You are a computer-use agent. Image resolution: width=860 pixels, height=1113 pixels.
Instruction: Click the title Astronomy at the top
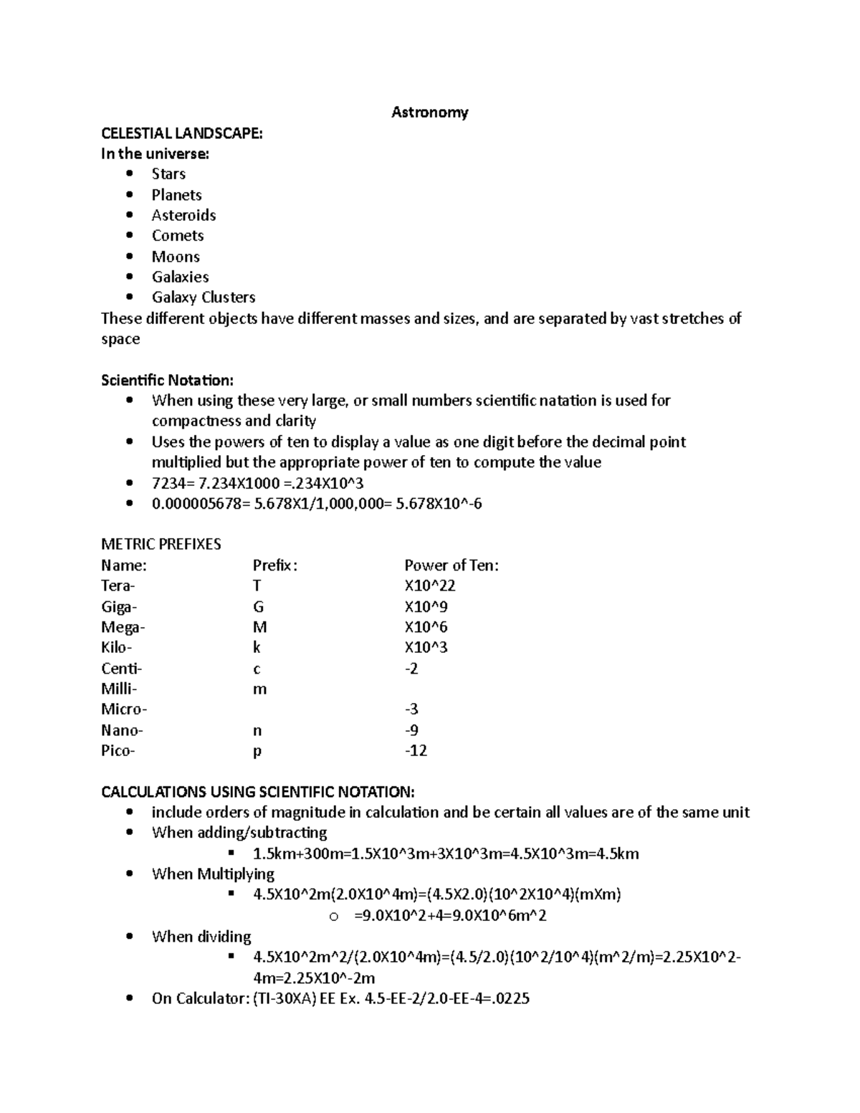coord(429,112)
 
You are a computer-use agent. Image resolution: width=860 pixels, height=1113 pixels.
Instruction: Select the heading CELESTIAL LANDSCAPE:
coord(182,133)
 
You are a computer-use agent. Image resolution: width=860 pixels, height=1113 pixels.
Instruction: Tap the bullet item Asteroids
coord(183,215)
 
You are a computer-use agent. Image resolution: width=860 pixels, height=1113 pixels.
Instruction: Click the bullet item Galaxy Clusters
coord(204,297)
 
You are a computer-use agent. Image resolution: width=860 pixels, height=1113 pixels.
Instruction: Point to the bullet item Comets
coord(178,236)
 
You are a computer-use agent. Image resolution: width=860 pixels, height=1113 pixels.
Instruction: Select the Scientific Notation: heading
coord(167,380)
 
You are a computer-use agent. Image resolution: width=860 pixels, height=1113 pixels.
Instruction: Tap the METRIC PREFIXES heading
coord(161,545)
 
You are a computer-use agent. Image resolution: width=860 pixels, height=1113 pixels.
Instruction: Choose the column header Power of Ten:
coord(451,565)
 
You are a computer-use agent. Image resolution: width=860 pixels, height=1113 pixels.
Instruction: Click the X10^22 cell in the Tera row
coord(430,586)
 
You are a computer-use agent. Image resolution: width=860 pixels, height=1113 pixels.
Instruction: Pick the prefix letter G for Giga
coord(259,607)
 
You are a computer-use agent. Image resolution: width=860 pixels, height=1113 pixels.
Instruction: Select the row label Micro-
coord(124,710)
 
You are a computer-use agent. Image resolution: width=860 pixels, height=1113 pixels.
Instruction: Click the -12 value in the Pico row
coord(416,750)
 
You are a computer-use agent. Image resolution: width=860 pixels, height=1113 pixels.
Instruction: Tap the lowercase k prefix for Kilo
coord(257,648)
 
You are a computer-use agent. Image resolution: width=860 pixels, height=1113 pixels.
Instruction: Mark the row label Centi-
coord(122,669)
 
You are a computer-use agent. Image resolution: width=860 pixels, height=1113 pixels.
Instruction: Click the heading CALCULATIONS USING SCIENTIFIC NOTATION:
coord(258,792)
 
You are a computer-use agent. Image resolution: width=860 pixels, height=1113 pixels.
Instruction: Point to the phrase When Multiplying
coord(213,874)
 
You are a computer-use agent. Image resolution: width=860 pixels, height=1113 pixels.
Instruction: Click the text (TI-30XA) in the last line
coord(284,998)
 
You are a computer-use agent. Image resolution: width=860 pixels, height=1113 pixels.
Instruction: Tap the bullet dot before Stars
coord(129,174)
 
